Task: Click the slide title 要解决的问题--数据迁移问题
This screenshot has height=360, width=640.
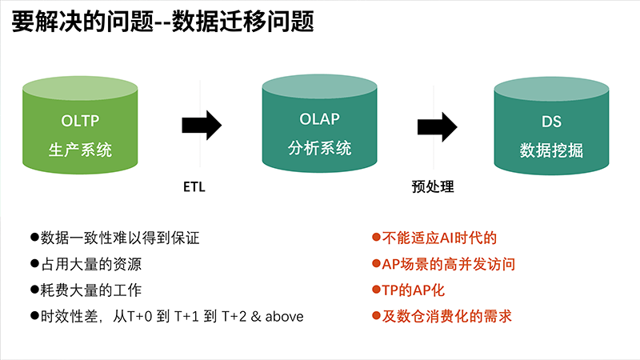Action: coord(163,22)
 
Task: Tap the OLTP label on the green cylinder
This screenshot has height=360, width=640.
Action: coord(80,121)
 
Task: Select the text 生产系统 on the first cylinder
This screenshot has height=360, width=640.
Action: coord(80,150)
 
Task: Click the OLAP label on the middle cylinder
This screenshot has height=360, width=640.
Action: coord(319,119)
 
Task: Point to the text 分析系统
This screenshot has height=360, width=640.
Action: coord(319,148)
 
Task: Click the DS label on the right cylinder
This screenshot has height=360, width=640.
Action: coord(551,122)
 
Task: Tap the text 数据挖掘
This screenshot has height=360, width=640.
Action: coord(551,150)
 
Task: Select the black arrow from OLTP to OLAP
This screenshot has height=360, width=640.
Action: coord(202,126)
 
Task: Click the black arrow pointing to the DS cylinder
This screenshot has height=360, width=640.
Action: coord(437,127)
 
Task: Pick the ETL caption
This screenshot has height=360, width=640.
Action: coord(194,187)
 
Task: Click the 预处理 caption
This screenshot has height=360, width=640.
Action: coord(433,187)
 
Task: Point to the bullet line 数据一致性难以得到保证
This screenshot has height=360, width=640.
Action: coord(115,238)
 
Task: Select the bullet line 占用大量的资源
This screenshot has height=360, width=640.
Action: coord(86,264)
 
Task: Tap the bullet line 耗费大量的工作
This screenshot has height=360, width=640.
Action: coord(86,290)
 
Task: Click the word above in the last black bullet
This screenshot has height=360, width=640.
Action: coord(285,317)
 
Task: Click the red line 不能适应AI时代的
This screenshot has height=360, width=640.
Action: coord(434,238)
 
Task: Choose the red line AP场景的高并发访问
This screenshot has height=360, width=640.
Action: coord(444,264)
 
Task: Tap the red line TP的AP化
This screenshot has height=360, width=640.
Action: coord(408,290)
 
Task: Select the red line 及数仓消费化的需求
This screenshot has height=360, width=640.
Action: coord(442,316)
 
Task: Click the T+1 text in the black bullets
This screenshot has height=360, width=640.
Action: coord(186,317)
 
